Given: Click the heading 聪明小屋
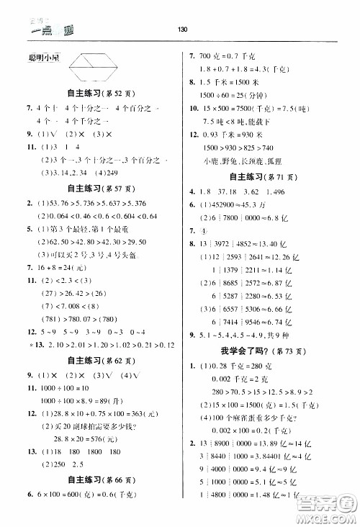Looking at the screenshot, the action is click(40, 57).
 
